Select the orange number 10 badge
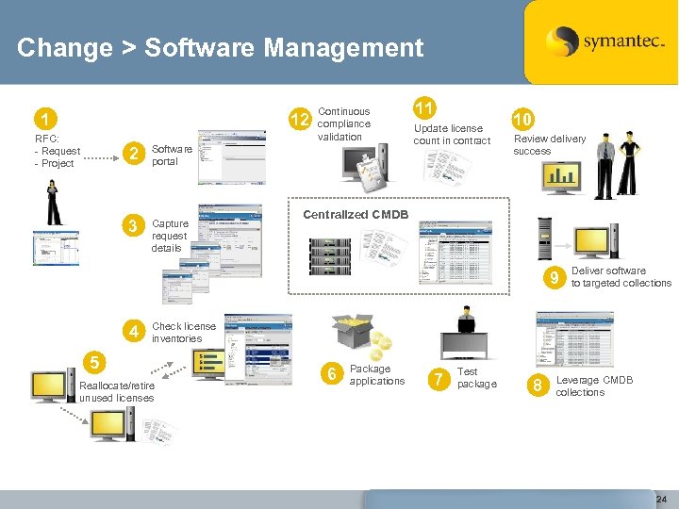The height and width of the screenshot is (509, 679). point(522,119)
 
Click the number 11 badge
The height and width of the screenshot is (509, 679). point(424,107)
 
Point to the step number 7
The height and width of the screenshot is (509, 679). point(438,380)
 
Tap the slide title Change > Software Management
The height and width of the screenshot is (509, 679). point(220,47)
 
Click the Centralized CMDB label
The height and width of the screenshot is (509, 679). point(355,215)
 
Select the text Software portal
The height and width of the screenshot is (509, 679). point(172,155)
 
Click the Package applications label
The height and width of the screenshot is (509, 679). point(376,374)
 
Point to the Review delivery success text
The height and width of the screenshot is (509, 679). point(549,144)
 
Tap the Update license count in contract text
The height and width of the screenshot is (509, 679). point(452,134)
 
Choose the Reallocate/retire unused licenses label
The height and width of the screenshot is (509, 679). point(117,391)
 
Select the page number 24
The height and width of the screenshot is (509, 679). point(661,498)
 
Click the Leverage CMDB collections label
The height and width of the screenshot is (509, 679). point(594,386)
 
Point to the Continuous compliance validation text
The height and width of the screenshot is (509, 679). point(344,123)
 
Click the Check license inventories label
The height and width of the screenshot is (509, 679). point(183,332)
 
